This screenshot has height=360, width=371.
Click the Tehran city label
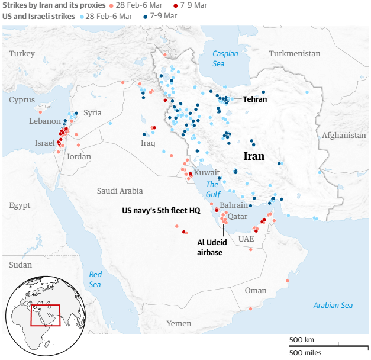tap(254, 99)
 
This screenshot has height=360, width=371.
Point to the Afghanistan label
tap(345, 136)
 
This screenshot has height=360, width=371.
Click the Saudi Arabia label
tap(120, 191)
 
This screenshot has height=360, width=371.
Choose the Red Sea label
tap(95, 279)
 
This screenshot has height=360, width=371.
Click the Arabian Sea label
tap(333, 305)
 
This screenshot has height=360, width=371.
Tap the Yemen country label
tap(179, 323)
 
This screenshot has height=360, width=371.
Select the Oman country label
tap(256, 290)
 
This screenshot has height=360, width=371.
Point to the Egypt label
tap(20, 205)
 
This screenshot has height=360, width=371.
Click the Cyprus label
tap(22, 100)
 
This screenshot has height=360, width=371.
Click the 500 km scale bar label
tap(301, 339)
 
